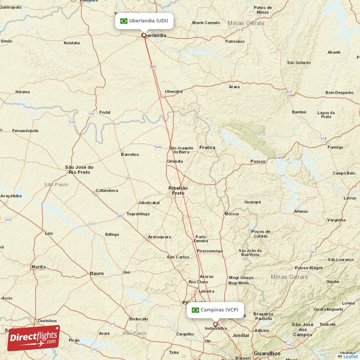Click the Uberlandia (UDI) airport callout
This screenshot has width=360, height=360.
coord(144,21)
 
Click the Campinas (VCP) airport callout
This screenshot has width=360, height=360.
coord(215,310)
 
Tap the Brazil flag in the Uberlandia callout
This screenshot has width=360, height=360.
coord(124,21)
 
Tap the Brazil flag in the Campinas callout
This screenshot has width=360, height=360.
coord(195,310)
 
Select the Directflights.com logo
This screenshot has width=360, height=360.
coord(33,338)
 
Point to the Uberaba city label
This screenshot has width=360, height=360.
coord(174,91)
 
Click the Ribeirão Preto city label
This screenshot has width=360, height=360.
coord(178,190)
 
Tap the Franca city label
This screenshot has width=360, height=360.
coord(207,147)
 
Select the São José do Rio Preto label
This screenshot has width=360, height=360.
coord(79,169)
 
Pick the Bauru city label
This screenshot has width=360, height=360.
coord(97,273)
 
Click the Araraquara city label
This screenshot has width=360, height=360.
coord(159,237)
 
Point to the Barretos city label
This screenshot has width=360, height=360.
coord(130,154)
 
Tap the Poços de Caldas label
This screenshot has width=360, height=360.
coord(261,234)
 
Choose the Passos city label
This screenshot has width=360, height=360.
coord(258,161)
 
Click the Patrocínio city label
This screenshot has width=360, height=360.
coord(235,41)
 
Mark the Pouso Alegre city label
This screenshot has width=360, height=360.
coord(308,268)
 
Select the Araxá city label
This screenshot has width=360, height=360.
coord(234,87)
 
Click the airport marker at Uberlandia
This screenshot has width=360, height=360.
coord(144,35)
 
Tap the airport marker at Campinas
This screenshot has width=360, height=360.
coord(215,324)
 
